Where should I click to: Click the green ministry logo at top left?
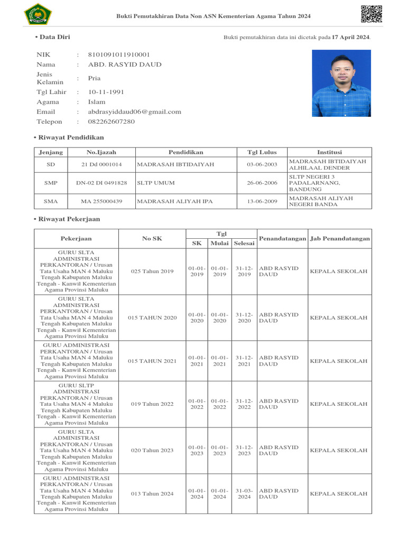[35, 14]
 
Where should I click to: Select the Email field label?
[45, 111]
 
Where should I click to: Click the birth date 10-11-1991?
[106, 92]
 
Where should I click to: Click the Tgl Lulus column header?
[262, 152]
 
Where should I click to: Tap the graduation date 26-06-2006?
[262, 183]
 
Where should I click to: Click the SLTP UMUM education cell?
[156, 183]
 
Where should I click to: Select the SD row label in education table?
[51, 164]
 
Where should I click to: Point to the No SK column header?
[152, 239]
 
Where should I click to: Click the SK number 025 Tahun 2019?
[152, 272]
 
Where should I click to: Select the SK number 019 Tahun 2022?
[152, 404]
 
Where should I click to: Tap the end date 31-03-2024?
[244, 493]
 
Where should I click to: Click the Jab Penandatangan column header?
[340, 239]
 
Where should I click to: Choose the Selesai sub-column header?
[244, 244]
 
